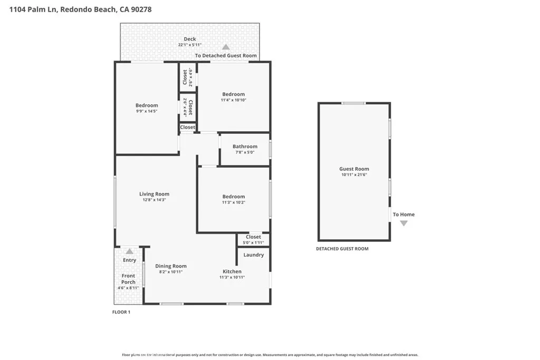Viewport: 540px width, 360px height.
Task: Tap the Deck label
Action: tap(190, 39)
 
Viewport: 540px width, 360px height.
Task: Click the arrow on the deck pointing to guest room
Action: tap(226, 47)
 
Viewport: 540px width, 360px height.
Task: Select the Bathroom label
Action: tap(245, 147)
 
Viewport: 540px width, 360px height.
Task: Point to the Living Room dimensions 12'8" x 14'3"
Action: tap(155, 200)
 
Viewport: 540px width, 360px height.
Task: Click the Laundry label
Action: tap(254, 255)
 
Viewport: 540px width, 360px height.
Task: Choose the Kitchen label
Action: tap(232, 271)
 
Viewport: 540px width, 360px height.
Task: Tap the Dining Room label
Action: tap(171, 266)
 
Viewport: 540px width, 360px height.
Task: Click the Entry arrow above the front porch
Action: tap(130, 251)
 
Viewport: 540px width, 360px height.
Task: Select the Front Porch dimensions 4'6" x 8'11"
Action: tap(128, 288)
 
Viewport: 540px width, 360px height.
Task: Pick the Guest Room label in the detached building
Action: tap(354, 169)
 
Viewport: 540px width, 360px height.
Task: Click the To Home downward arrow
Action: tap(404, 223)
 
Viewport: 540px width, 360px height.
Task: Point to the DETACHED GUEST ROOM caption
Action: tap(342, 249)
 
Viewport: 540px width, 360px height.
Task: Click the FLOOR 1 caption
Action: tap(121, 312)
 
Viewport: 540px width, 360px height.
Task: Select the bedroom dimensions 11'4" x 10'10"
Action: tap(233, 100)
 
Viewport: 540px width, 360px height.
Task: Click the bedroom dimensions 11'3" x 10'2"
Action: tap(233, 202)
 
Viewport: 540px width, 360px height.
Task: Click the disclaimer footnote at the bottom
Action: tap(270, 355)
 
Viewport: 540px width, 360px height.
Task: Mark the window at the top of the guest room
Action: tap(353, 103)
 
